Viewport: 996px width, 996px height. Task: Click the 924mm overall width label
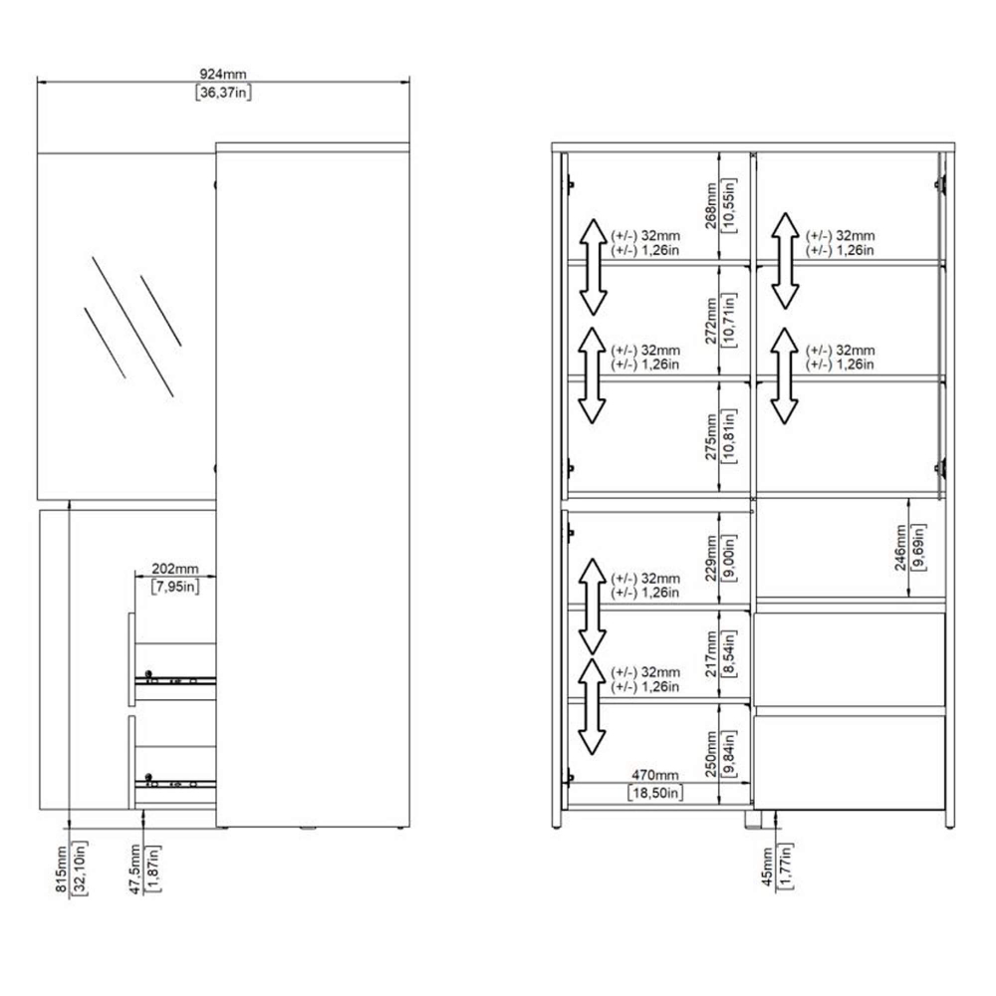(223, 75)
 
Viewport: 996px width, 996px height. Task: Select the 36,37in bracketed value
(223, 93)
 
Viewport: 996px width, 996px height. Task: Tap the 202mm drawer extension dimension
(174, 569)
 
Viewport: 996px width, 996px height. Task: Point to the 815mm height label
(61, 869)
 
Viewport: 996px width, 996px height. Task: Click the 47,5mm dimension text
(134, 869)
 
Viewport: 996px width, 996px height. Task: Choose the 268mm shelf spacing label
(711, 205)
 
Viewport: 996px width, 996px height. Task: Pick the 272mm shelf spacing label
(711, 321)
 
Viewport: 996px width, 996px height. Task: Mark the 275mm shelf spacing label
(711, 436)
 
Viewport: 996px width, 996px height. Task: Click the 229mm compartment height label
(711, 558)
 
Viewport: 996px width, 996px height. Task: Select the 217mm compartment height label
(711, 653)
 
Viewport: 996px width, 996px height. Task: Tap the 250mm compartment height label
(711, 754)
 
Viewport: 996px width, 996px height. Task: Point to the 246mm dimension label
(900, 548)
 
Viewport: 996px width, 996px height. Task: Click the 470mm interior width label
(655, 775)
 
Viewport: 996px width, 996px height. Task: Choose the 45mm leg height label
(767, 867)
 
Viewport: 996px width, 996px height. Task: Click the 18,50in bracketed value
(655, 793)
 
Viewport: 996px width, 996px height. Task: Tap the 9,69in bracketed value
(918, 548)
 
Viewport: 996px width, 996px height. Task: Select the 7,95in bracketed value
(174, 587)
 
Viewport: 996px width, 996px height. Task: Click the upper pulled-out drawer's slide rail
(175, 680)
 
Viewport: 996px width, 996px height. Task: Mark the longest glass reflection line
(132, 327)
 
